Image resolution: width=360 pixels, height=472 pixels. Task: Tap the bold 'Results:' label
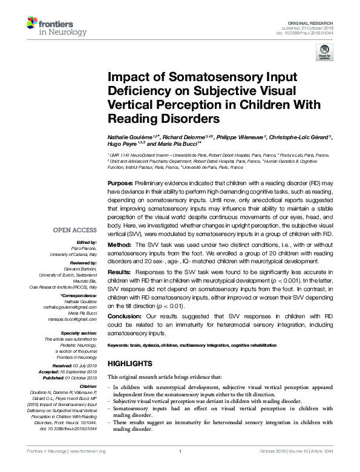pyautogui.click(x=120, y=273)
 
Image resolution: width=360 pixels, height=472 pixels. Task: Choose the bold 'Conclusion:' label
pyautogui.click(x=125, y=316)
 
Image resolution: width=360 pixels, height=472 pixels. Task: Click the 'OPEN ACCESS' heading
pyautogui.click(x=75, y=231)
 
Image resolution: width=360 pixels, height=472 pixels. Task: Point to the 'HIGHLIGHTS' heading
pyautogui.click(x=129, y=363)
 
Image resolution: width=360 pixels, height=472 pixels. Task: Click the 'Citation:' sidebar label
pyautogui.click(x=87, y=386)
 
